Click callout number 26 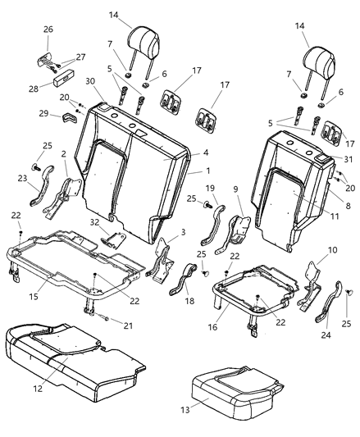48,30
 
